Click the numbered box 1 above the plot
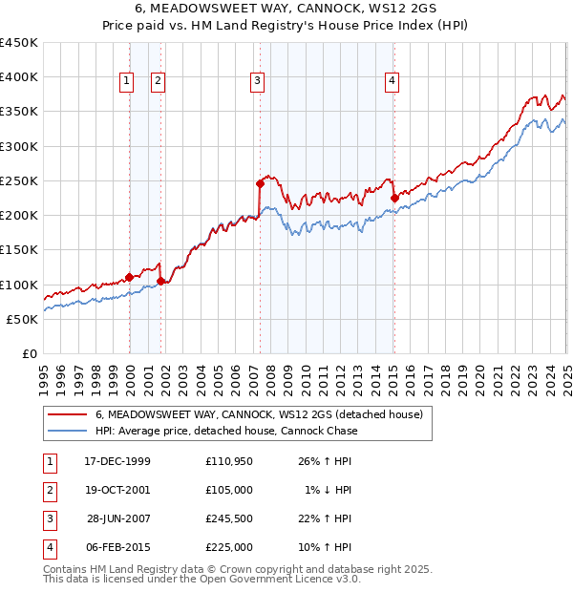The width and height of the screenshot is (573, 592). pos(126,82)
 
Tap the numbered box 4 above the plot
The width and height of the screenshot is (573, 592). pos(392,82)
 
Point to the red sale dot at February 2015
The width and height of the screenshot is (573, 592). pos(394,198)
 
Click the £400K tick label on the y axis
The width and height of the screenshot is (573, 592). pos(19,77)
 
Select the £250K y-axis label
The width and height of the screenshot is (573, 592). pos(19,180)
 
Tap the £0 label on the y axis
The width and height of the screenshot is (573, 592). pos(29,353)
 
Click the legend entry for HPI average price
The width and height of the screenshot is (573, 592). pos(226,431)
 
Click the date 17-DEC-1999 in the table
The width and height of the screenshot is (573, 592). pos(117,461)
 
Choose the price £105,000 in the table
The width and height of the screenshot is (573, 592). pos(229,490)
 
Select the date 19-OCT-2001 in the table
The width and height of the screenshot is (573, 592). pos(117,490)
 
